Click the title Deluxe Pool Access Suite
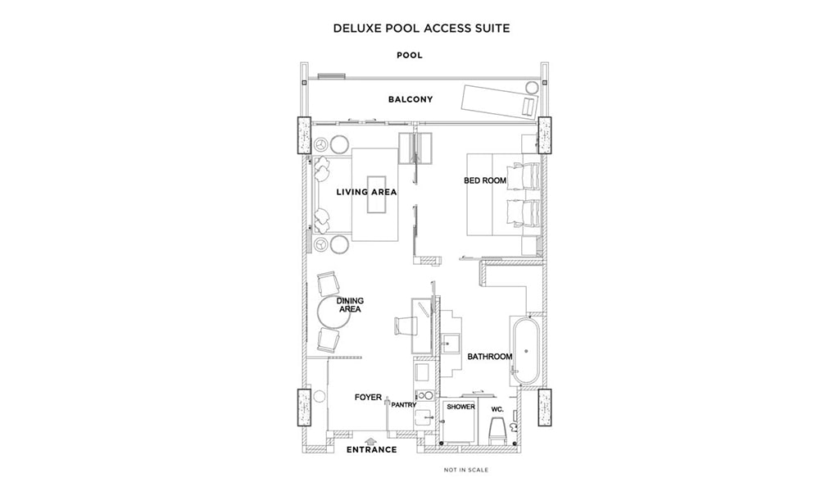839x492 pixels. coord(421,28)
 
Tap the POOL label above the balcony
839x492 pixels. coord(410,55)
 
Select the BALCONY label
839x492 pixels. coord(410,99)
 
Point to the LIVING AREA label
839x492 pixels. coord(366,192)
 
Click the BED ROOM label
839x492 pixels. coord(485,181)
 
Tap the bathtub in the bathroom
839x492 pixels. coord(526,351)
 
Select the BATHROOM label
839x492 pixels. coord(490,357)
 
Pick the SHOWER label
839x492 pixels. coord(460,407)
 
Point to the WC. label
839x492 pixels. coord(497,409)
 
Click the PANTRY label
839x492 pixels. coord(403,405)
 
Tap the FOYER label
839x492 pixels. coord(368,397)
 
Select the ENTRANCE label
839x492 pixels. coord(371,449)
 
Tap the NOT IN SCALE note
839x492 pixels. coord(466,470)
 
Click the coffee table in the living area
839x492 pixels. coord(375,194)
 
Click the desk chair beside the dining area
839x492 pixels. coord(404,325)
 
